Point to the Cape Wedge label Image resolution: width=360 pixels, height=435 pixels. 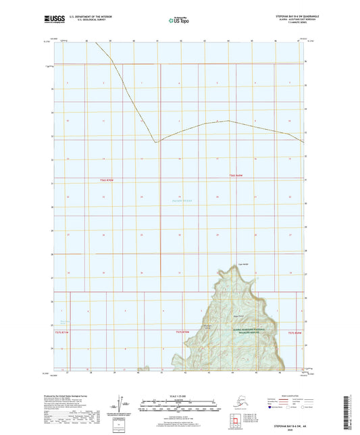(x=243, y=264)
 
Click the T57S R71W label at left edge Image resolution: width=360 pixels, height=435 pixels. (x=61, y=332)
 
